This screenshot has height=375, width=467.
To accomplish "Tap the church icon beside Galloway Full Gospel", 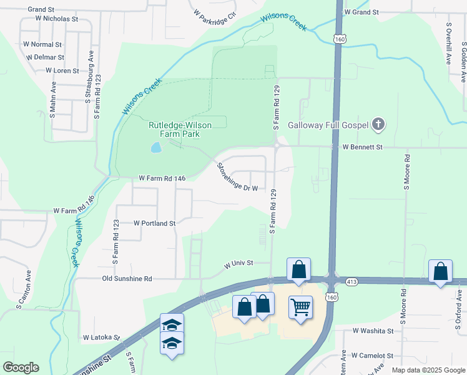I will click(x=377, y=125).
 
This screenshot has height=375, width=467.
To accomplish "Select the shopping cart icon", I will click(x=301, y=307).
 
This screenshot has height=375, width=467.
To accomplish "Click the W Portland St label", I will click(x=154, y=222).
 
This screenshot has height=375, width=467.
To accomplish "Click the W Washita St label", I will click(x=373, y=331).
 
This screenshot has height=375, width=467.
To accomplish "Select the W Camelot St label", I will click(x=372, y=355).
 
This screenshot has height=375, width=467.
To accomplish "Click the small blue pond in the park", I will click(x=155, y=148).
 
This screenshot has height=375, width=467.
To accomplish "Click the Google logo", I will click(x=21, y=367).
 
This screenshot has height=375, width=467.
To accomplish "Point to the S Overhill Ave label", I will click(x=449, y=44).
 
